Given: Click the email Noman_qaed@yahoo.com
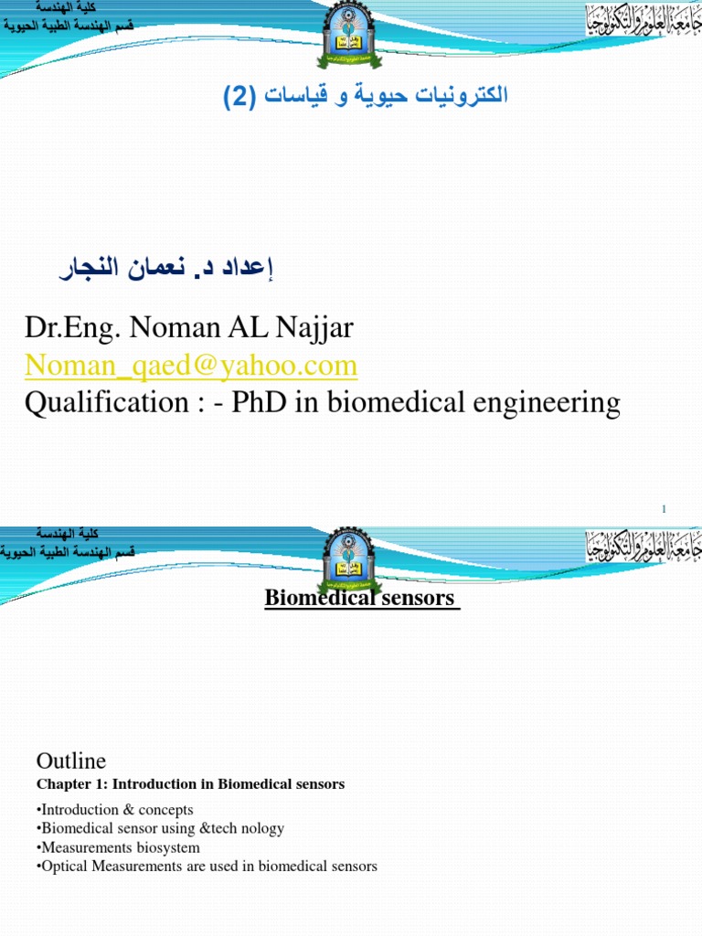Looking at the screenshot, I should [x=191, y=367].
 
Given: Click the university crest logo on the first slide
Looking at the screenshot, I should [x=350, y=37].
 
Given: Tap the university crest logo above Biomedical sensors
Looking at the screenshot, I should [x=350, y=558].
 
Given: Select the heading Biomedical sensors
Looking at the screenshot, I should [x=359, y=598].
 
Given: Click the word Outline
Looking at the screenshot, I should [x=71, y=761].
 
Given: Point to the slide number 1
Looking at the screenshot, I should [x=665, y=509].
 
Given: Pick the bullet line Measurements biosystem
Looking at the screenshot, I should [x=119, y=847].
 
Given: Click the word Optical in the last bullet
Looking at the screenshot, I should [x=65, y=866].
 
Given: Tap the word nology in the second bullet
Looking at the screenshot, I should [x=260, y=828].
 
